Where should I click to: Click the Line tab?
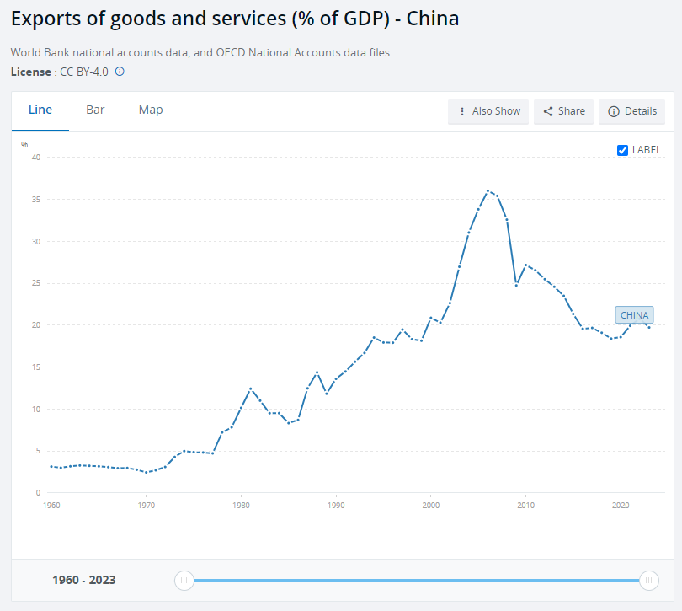coord(40,110)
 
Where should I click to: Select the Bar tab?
coord(95,110)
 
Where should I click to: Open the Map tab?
coord(151,110)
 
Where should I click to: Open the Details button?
coord(631,111)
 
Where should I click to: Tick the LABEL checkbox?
coord(623,150)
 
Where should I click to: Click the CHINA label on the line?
coord(634,315)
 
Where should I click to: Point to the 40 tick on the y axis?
coord(36,158)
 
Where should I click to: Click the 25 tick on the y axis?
coord(36,283)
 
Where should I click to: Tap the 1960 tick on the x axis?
coord(51,505)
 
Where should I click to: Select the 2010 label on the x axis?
coord(525,505)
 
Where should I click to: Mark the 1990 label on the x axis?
coord(336,505)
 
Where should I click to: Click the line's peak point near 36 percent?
coord(488,191)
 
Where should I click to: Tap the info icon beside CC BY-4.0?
coord(120,72)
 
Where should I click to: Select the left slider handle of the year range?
coord(184,580)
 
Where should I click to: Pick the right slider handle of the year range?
coord(648,580)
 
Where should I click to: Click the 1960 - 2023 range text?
coord(84,580)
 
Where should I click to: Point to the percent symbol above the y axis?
coord(25,144)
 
